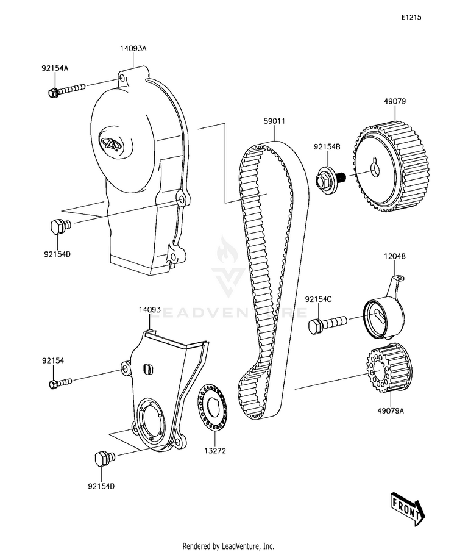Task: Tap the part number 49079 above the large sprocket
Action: tap(395, 101)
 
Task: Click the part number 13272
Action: tap(215, 453)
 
